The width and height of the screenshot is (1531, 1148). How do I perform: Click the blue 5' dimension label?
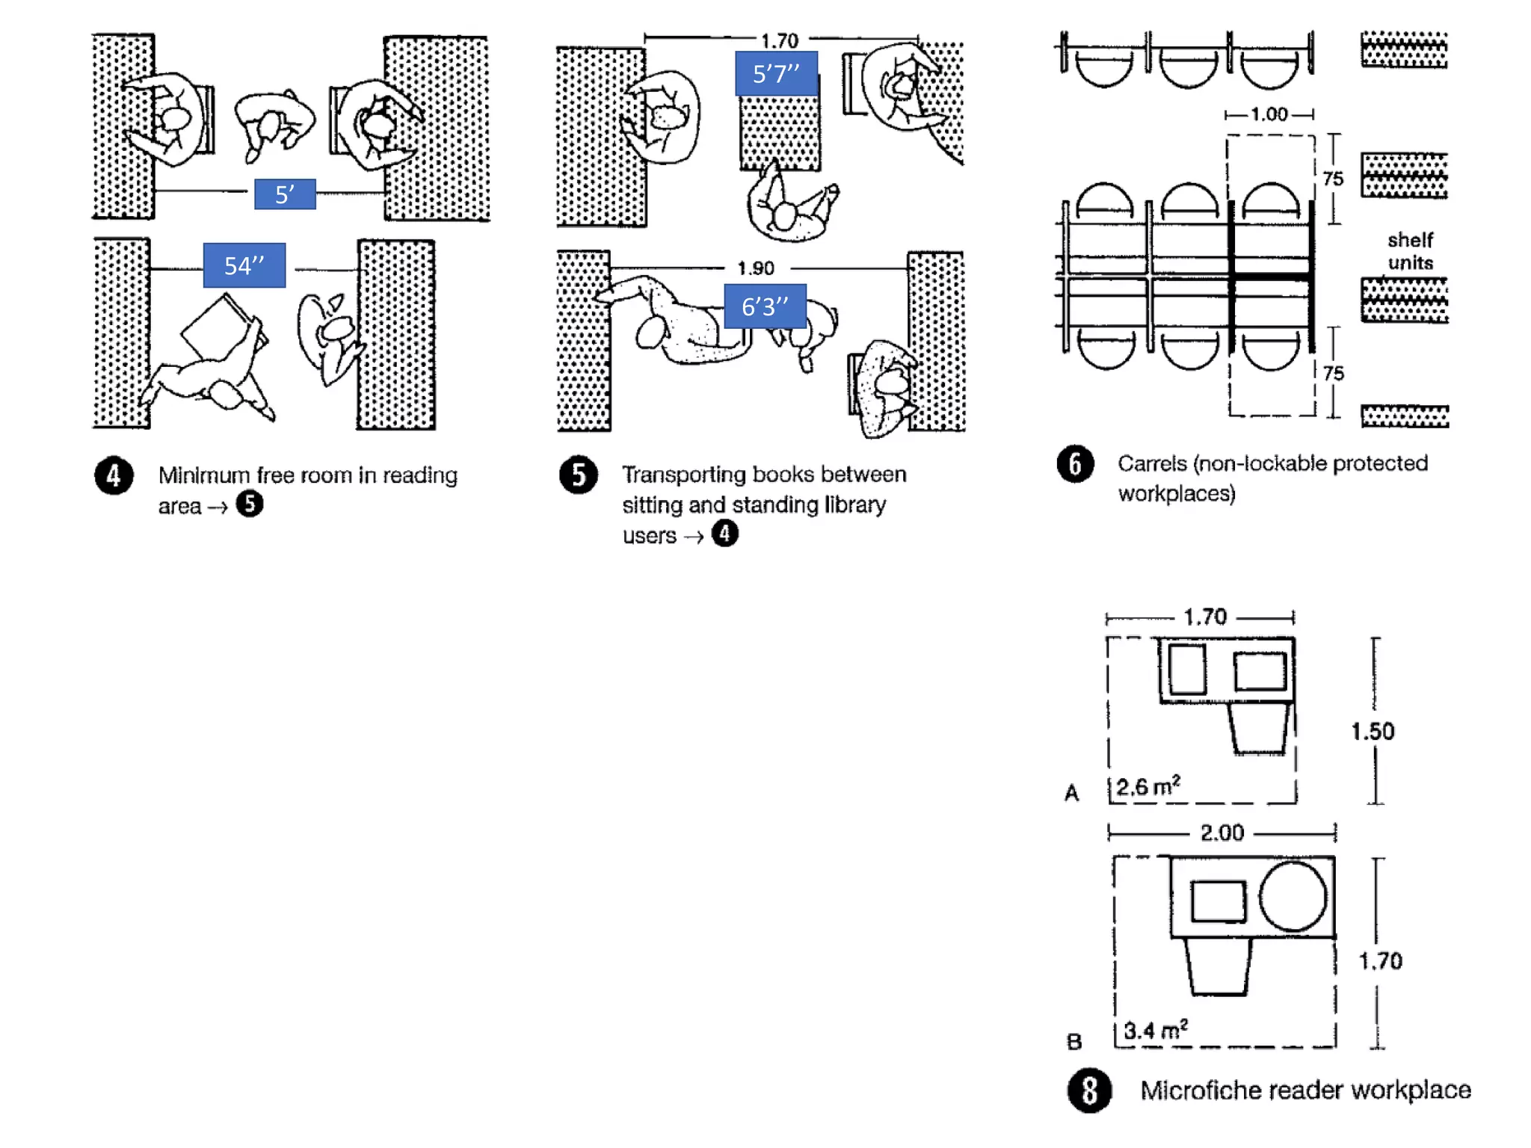[x=285, y=194]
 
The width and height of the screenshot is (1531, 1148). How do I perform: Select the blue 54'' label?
[x=244, y=265]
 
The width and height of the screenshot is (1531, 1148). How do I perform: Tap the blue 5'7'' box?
[x=776, y=73]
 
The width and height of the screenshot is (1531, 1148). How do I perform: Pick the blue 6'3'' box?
[x=765, y=306]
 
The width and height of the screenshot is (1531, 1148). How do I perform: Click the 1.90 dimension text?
[x=756, y=268]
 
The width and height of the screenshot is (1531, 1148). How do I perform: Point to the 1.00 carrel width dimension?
[x=1269, y=114]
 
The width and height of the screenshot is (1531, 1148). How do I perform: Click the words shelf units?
[x=1410, y=251]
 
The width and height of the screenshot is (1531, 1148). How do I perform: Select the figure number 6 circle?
[x=1075, y=464]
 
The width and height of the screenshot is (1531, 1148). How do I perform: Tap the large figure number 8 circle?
[x=1089, y=1090]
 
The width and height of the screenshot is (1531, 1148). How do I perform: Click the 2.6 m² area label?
[x=1148, y=787]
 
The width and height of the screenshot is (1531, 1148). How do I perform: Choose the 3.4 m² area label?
[x=1156, y=1031]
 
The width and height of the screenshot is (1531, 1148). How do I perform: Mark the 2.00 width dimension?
[x=1222, y=833]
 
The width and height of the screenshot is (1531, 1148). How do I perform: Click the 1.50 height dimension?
[x=1373, y=731]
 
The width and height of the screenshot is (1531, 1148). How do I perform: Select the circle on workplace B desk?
[x=1293, y=896]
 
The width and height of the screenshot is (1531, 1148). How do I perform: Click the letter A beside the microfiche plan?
[x=1071, y=793]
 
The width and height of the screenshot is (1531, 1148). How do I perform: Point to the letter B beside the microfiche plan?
[x=1073, y=1041]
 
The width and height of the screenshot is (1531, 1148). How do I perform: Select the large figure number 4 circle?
[x=114, y=475]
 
